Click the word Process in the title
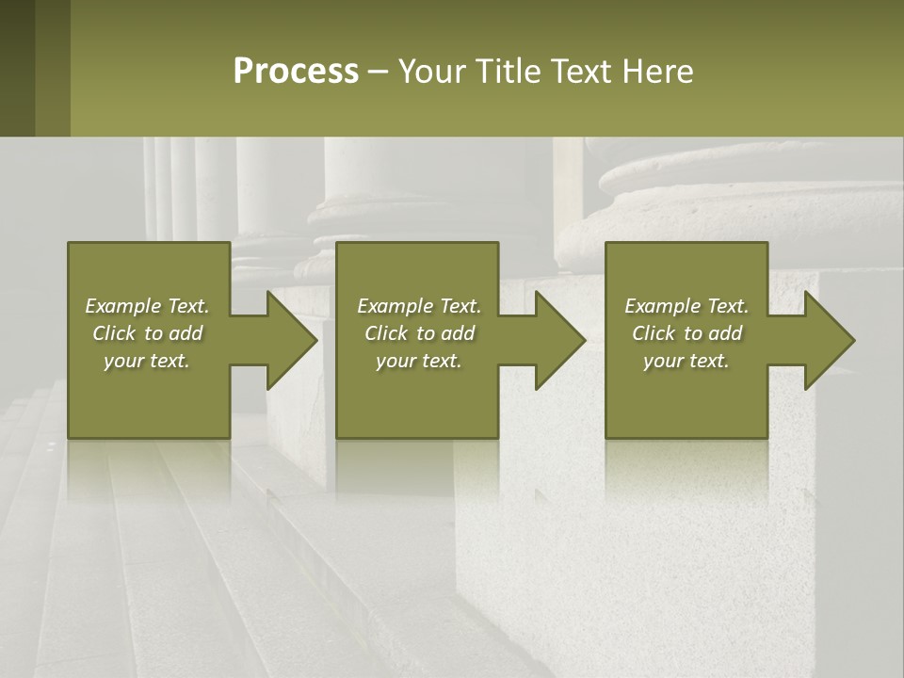(x=296, y=72)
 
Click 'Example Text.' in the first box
(x=147, y=306)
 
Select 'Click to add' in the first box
(x=147, y=333)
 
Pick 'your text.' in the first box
(x=147, y=361)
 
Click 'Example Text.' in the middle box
(x=419, y=306)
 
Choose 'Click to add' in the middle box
(x=419, y=333)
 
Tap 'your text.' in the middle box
(x=419, y=361)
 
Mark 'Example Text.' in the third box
(x=686, y=306)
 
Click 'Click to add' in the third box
(x=686, y=333)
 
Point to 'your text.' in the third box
(x=686, y=361)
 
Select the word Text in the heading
(x=581, y=72)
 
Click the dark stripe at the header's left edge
(x=17, y=68)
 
